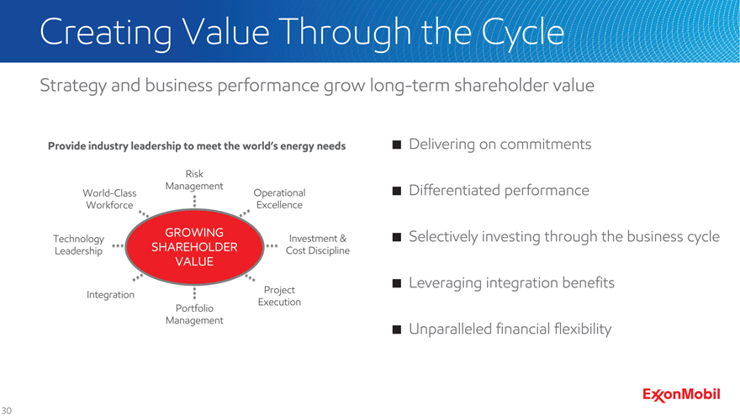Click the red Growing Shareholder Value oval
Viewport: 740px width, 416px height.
point(194,247)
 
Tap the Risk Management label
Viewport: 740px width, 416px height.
point(194,180)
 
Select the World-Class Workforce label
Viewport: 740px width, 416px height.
point(109,199)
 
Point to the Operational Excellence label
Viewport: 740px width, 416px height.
point(279,199)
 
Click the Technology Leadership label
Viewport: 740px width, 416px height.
point(78,245)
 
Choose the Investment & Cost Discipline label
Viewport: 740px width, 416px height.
point(318,245)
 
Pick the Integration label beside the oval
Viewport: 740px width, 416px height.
point(110,295)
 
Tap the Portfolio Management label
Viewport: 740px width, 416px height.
point(194,314)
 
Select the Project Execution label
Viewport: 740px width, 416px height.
point(279,296)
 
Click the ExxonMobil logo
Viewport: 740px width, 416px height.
point(681,395)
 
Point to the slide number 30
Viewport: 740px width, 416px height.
point(6,411)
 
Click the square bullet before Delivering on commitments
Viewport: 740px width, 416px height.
point(397,145)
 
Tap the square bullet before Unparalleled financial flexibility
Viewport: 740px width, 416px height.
point(397,329)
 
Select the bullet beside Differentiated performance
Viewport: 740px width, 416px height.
point(397,191)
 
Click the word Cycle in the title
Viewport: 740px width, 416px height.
point(523,33)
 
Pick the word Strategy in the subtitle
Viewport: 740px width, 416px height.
point(73,87)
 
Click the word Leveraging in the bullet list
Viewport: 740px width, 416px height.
point(445,283)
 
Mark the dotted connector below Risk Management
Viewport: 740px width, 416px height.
point(194,202)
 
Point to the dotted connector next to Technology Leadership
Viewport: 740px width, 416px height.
point(118,245)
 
